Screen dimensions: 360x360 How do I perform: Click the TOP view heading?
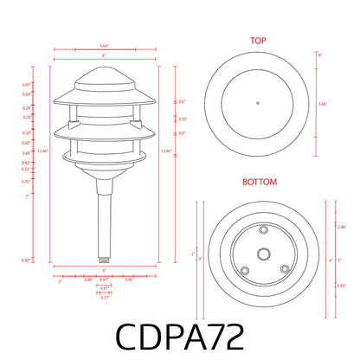click(258, 41)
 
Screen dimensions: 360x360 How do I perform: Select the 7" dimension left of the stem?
click(52, 197)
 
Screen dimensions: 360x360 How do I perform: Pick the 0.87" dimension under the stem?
click(104, 288)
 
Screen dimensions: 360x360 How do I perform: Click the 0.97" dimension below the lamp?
click(104, 280)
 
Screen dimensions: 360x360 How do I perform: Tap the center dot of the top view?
click(258, 104)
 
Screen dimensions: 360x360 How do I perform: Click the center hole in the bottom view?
click(258, 254)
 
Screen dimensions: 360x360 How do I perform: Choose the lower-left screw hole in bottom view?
click(243, 269)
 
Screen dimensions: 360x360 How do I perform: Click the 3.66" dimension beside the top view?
click(322, 104)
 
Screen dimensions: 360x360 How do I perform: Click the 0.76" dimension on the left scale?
click(51, 182)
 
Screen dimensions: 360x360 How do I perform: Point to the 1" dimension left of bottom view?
click(192, 254)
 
